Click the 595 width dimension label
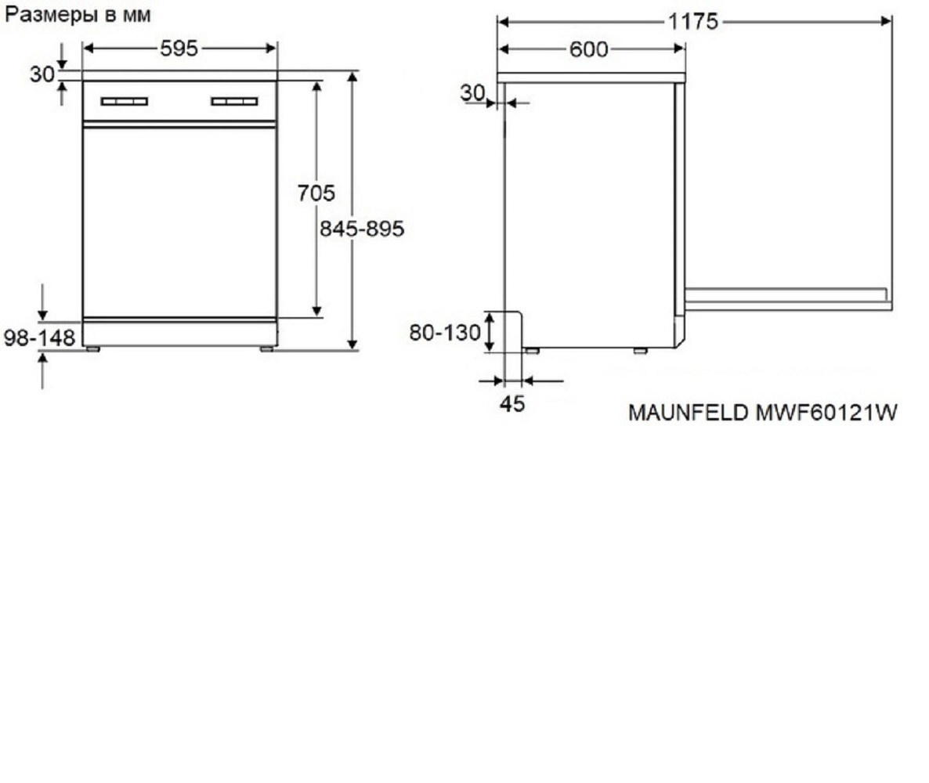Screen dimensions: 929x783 point(179,49)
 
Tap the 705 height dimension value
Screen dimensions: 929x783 point(316,193)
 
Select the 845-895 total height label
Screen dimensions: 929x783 point(361,229)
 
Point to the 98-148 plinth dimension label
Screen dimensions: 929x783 point(40,337)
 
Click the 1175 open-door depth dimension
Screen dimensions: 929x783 point(693,22)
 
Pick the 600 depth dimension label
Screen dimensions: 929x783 point(588,49)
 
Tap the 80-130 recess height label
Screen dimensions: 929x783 point(445,333)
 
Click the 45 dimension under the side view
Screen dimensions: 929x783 point(512,404)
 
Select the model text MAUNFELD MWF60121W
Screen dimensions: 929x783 point(762,412)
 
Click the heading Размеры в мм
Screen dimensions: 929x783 point(78,15)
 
